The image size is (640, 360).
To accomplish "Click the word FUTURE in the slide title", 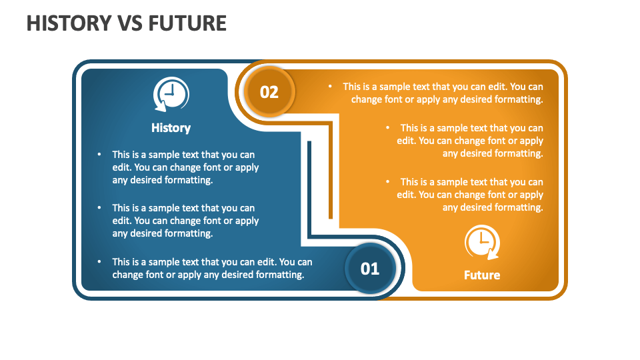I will point(188,23).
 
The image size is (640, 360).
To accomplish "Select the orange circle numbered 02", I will point(269,91).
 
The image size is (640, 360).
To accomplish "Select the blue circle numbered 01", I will point(370,268).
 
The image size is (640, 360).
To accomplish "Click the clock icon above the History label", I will point(171,95).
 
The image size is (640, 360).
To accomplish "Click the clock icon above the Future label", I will point(482,242).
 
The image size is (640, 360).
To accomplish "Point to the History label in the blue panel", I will point(171,128).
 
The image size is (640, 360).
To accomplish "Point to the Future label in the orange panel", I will point(482,275).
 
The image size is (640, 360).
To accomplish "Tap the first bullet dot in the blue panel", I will point(99,155).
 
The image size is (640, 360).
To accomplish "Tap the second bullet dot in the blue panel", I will point(99,208).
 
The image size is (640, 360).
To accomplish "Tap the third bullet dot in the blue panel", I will point(99,262).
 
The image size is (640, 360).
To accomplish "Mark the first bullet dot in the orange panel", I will point(330,86).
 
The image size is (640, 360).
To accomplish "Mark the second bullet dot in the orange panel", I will point(387,127).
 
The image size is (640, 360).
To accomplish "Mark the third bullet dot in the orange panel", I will point(387,181).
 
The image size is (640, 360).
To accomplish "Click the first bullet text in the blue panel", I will point(185,167).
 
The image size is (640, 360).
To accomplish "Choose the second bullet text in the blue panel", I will point(185,221).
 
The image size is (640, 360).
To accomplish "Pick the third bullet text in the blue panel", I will point(211,268).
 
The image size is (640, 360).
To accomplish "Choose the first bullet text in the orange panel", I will point(443,93).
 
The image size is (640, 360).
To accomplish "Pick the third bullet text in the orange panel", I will point(470,195).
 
